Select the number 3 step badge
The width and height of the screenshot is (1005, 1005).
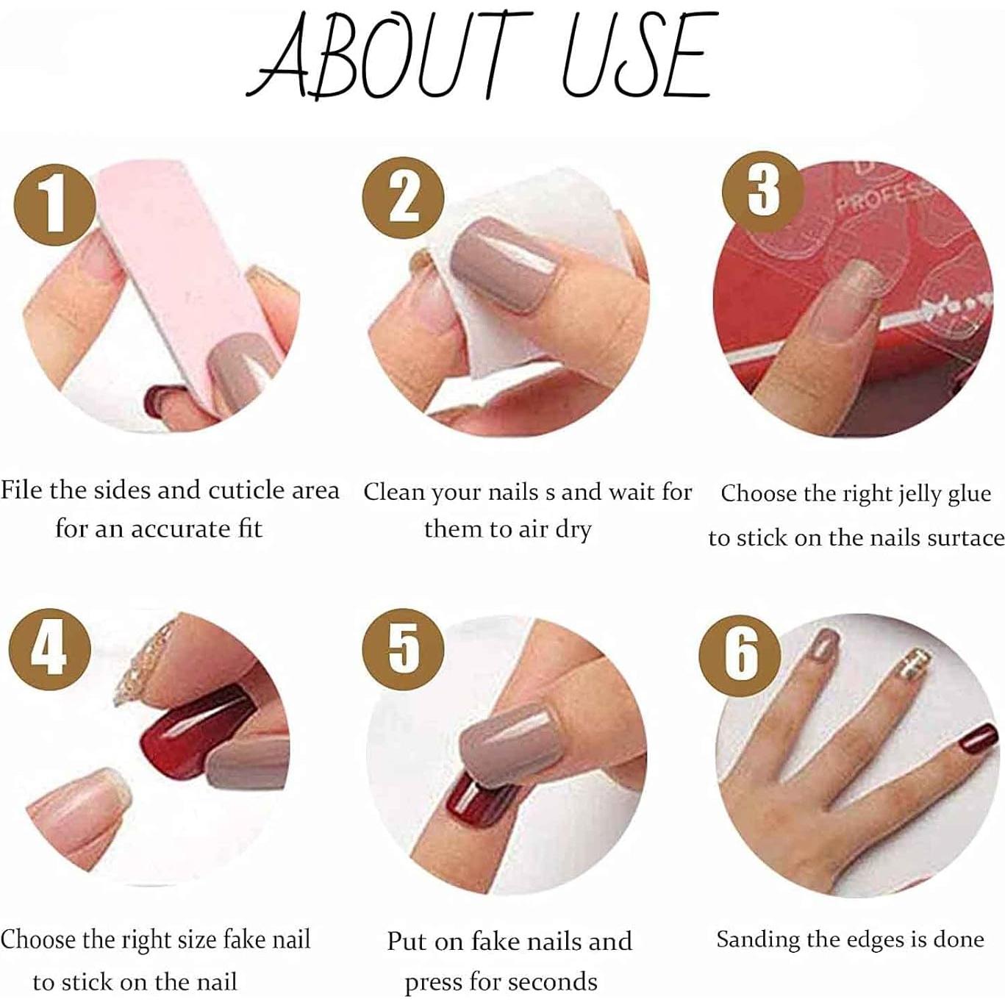click(x=763, y=189)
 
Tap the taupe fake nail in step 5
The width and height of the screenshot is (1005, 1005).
click(x=507, y=743)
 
